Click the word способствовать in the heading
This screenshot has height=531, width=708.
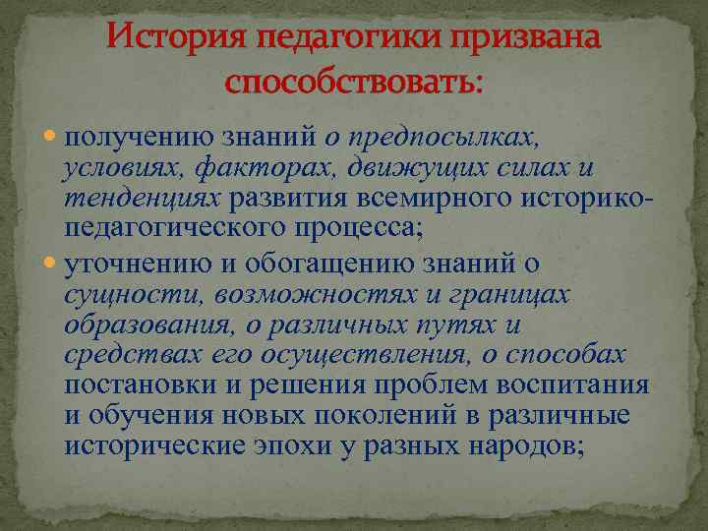point(349,82)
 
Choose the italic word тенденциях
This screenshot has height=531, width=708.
point(143,199)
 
